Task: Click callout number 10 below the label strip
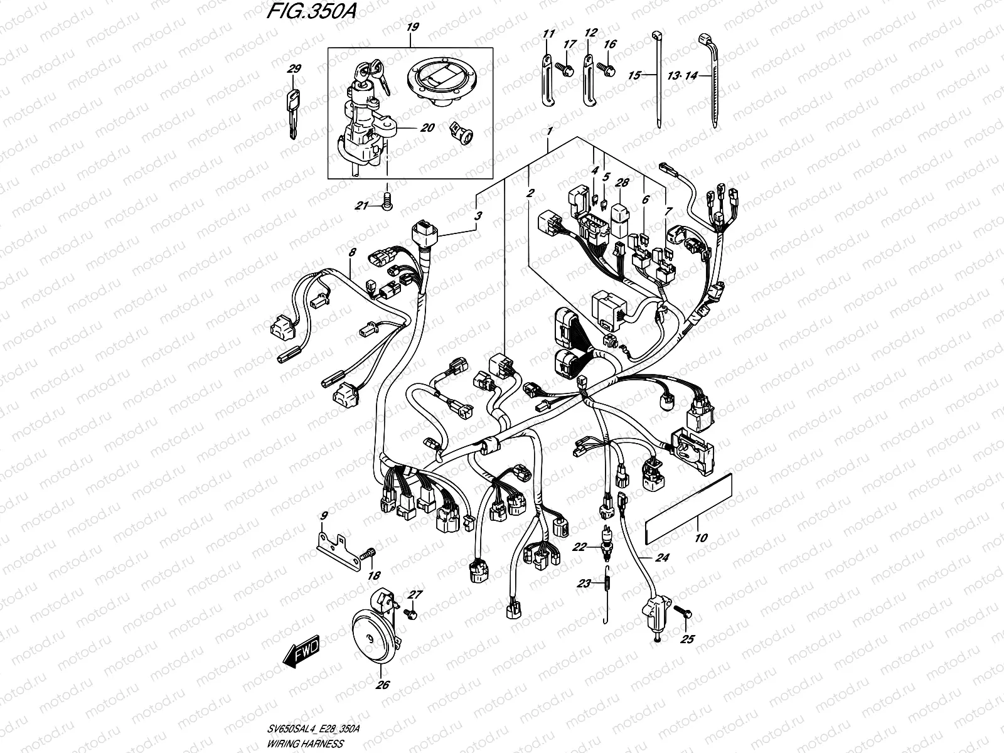[x=701, y=538]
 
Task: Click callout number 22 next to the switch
[x=579, y=547]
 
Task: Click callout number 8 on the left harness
[x=352, y=252]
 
